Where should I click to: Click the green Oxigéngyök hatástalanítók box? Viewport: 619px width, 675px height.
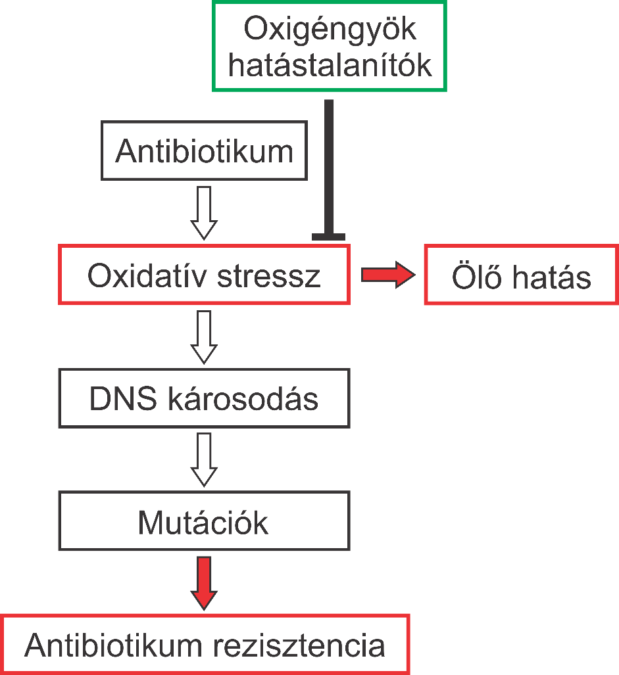pos(329,46)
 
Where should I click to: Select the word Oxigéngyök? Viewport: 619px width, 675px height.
pos(330,30)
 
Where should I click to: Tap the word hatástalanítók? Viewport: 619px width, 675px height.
pos(330,66)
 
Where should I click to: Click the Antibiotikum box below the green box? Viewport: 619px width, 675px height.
pos(204,151)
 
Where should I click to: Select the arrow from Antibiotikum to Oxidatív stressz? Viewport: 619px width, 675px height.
pos(204,212)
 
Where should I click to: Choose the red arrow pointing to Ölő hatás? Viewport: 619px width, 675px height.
pos(388,275)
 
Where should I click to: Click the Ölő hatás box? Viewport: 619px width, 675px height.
pos(521,275)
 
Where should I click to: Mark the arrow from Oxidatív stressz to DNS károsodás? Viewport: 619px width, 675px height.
pos(204,336)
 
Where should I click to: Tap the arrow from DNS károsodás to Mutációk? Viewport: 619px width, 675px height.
pos(204,459)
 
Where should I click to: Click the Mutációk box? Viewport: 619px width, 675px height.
pos(204,521)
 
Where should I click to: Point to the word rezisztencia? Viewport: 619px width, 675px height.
pos(299,645)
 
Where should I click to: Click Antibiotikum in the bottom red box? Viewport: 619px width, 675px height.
pos(113,645)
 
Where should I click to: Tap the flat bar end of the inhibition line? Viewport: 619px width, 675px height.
pos(329,236)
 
